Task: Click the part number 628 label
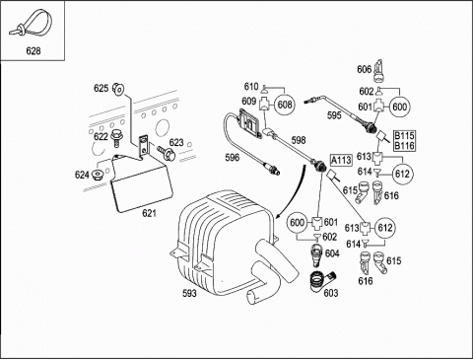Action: pyautogui.click(x=34, y=51)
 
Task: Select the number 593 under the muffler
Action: pyautogui.click(x=189, y=293)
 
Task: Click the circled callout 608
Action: pyautogui.click(x=285, y=105)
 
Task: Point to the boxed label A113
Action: pyautogui.click(x=341, y=160)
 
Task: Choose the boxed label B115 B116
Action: pyautogui.click(x=404, y=141)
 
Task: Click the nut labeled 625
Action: pyautogui.click(x=118, y=89)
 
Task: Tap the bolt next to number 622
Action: pyautogui.click(x=116, y=138)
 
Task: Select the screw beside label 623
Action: pyautogui.click(x=167, y=153)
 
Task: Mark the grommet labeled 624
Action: pyautogui.click(x=98, y=175)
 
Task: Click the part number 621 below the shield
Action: pyautogui.click(x=149, y=213)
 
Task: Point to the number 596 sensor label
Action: pyautogui.click(x=233, y=158)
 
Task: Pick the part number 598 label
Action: pyautogui.click(x=299, y=140)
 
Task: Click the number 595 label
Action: pyautogui.click(x=334, y=115)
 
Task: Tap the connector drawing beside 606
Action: pyautogui.click(x=379, y=71)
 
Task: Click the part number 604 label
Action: pyautogui.click(x=332, y=253)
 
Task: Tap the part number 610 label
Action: pyautogui.click(x=251, y=87)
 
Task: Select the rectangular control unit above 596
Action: pyautogui.click(x=251, y=122)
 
